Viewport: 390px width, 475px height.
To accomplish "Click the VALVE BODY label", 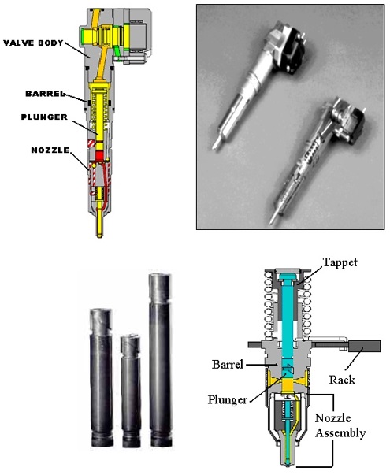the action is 33,43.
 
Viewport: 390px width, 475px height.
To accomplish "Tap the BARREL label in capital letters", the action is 45,94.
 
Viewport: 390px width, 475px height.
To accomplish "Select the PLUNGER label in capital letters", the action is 44,117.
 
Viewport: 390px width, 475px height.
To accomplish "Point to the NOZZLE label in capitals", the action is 50,150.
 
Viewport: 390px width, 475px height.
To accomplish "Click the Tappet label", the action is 340,262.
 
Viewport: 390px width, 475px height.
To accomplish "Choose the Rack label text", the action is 342,380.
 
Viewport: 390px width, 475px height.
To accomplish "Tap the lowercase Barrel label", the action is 228,364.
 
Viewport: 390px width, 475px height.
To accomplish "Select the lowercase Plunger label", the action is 227,400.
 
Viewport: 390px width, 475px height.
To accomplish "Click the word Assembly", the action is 340,433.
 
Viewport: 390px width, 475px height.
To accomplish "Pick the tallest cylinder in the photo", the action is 160,359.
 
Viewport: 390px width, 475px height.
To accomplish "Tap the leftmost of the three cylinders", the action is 102,377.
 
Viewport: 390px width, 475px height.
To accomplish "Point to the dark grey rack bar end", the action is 364,346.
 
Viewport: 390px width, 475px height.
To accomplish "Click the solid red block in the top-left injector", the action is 100,155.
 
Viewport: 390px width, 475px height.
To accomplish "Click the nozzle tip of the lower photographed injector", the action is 273,220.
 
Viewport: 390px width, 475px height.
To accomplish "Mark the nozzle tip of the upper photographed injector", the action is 215,145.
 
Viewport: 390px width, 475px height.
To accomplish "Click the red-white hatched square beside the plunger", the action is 91,144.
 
